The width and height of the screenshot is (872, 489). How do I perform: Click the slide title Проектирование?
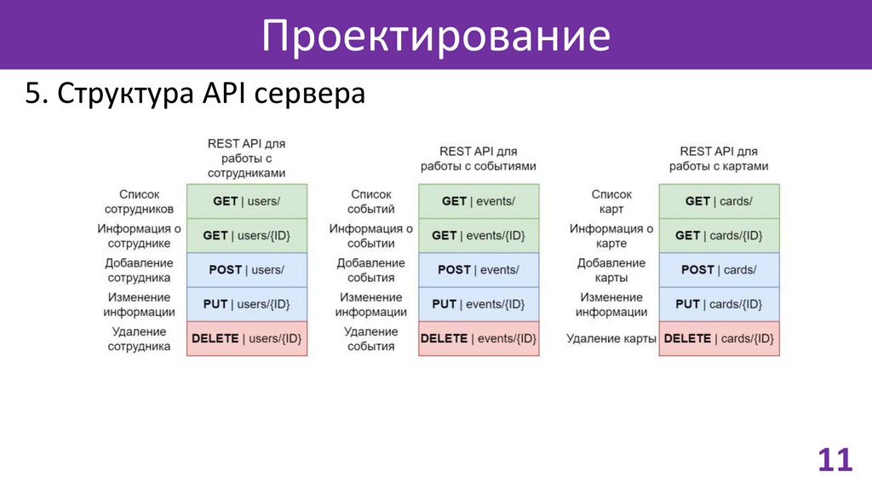point(435,36)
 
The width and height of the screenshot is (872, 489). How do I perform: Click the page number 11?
point(835,460)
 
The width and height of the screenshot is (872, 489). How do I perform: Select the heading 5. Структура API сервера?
point(195,94)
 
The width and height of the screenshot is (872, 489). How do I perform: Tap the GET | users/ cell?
point(247,201)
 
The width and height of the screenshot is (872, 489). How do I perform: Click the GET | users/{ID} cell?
point(247,235)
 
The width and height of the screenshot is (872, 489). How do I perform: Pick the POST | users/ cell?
point(247,269)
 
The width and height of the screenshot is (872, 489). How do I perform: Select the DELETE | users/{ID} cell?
point(247,338)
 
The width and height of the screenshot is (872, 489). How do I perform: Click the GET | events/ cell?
point(479,201)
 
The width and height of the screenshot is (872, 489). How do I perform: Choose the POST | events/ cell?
point(479,269)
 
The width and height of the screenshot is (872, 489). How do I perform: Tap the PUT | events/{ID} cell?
point(479,304)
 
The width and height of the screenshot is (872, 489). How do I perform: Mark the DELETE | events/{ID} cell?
point(479,338)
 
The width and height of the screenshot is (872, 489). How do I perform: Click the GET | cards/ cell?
point(719,201)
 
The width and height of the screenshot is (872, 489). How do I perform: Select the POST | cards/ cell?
point(719,269)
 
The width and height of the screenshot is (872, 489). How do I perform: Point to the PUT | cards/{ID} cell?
point(719,304)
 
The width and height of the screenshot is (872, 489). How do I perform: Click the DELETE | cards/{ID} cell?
point(719,338)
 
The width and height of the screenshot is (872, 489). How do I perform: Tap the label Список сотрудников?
point(140,202)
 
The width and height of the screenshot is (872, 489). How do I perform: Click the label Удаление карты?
point(611,339)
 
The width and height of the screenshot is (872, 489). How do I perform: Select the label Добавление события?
point(371,270)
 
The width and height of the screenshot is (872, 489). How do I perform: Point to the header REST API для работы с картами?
point(719,158)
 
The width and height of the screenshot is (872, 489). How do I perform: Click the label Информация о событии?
point(371,236)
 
